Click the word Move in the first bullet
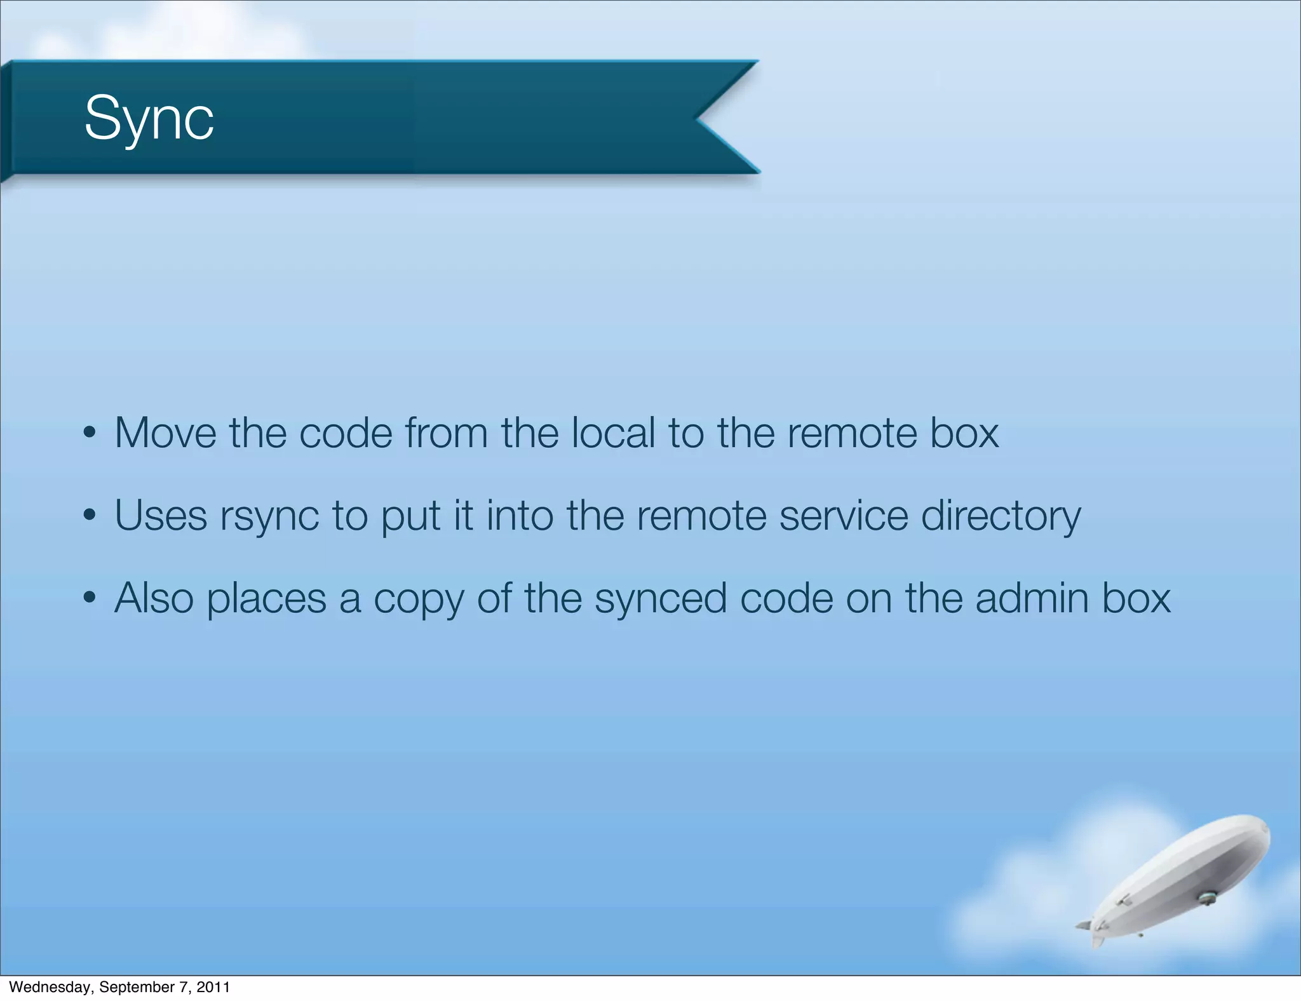[x=165, y=433]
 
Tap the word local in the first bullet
[x=613, y=433]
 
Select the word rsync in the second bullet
[x=269, y=516]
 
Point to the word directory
[x=1001, y=516]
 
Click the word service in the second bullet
[x=844, y=516]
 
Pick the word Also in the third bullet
[x=154, y=598]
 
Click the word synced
[x=661, y=598]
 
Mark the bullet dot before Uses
[x=90, y=516]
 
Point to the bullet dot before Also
[x=90, y=598]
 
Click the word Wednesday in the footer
[x=51, y=987]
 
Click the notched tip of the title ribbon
[x=699, y=118]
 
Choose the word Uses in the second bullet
[x=161, y=516]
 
